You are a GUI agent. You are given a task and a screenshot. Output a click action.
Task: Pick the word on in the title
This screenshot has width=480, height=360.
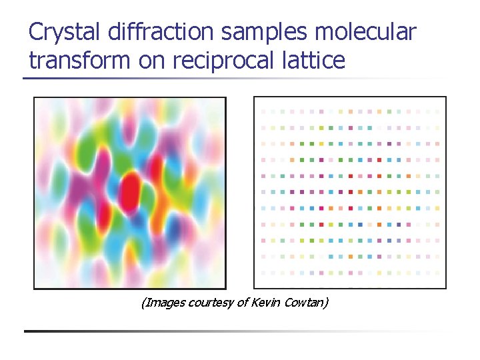coord(152,61)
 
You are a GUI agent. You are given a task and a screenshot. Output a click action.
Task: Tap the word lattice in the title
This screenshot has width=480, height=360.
coord(317,61)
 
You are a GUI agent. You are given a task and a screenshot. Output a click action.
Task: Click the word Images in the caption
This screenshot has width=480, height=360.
coord(162,303)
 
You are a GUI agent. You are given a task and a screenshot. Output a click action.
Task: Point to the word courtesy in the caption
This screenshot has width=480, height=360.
coord(208,303)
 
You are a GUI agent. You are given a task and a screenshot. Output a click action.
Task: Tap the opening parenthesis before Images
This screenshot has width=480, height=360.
coord(143,303)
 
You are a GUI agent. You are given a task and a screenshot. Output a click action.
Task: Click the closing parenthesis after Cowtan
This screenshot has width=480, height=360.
coord(327,303)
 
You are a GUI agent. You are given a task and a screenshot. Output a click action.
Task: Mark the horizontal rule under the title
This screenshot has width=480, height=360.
coord(233,79)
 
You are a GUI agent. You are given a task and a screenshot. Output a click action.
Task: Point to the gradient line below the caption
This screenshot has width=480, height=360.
coord(233,331)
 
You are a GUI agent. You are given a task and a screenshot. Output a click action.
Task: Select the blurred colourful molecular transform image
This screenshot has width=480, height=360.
coord(130,193)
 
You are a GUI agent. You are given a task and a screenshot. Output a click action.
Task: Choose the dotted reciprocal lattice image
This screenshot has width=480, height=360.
coord(350,193)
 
